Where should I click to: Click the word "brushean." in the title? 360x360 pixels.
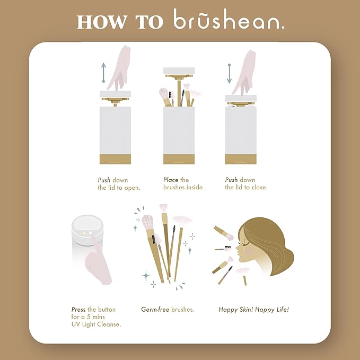[x=229, y=19]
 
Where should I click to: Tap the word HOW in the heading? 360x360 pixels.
[x=101, y=22]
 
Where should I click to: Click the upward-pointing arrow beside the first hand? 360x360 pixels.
[x=103, y=73]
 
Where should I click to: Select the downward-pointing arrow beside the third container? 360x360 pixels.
[x=229, y=74]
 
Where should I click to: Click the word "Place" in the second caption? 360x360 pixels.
[x=171, y=180]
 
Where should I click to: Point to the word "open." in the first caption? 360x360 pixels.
[x=132, y=188]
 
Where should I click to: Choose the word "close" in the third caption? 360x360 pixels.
[x=259, y=187]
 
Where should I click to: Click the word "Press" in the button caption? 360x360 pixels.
[x=78, y=310]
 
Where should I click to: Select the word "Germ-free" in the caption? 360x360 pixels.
[x=155, y=310]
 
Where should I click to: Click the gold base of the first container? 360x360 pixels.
[x=115, y=159]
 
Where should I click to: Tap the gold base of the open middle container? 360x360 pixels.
[x=179, y=159]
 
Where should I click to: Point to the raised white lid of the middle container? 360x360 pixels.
[x=179, y=71]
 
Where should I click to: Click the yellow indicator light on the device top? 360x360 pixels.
[x=84, y=233]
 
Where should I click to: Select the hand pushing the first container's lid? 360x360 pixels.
[x=119, y=68]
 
